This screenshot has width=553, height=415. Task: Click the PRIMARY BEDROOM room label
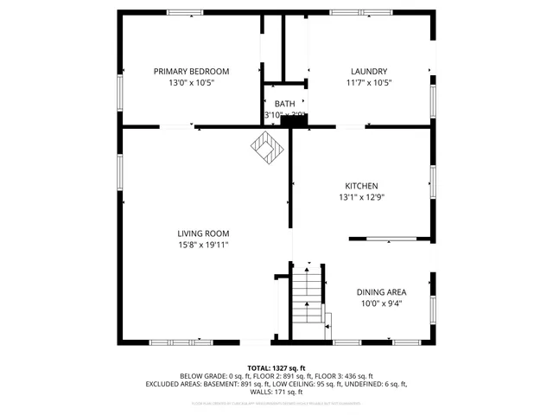coord(191,71)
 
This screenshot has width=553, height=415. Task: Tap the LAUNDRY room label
coord(368,71)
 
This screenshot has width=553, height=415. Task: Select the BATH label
coord(284,104)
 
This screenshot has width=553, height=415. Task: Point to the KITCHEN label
coord(361,186)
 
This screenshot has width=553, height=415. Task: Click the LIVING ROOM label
coord(203,233)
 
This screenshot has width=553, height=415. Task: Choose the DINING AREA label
coord(381,292)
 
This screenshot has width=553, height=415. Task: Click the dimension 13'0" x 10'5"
coord(191,83)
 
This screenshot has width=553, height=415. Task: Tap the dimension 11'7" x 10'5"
coord(368,83)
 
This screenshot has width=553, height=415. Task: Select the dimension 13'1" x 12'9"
coord(361,197)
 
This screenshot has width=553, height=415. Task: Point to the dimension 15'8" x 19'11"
coord(203,245)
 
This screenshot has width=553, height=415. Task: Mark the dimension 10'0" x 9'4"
coord(381,303)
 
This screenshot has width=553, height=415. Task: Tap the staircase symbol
coord(307,298)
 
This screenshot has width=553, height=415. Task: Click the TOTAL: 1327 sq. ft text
coord(276,367)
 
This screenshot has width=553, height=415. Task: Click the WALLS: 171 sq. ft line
coord(276,392)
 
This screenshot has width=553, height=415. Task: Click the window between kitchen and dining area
coord(391,238)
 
